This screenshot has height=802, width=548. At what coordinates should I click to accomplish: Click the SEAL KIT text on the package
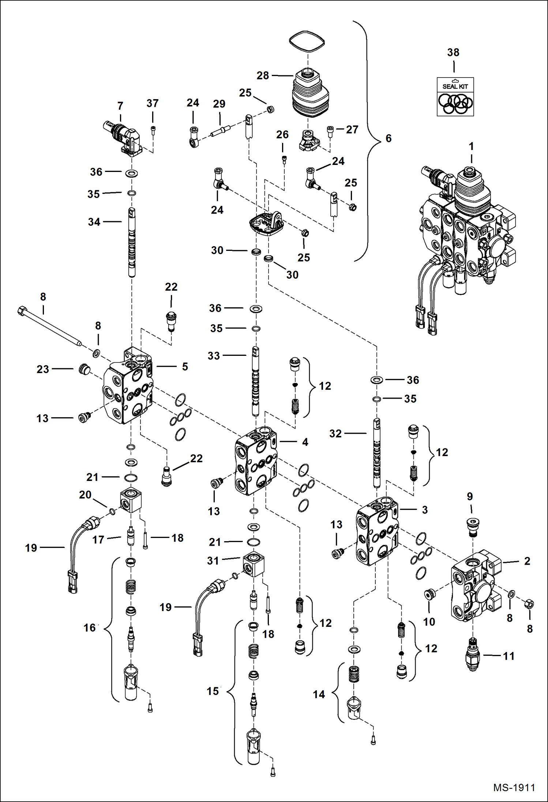(x=455, y=86)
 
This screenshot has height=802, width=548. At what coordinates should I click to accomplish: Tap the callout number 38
(x=453, y=52)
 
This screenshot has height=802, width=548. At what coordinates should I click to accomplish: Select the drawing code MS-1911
(x=514, y=787)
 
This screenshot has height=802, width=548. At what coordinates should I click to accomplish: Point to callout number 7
(x=120, y=106)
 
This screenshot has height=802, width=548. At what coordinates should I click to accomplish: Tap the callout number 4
(x=305, y=442)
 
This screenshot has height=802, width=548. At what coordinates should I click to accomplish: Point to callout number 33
(x=214, y=355)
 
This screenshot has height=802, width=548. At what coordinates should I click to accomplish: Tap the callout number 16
(x=90, y=628)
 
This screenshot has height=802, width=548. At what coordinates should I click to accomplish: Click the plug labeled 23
(x=84, y=369)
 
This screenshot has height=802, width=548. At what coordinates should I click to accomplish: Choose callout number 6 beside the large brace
(x=389, y=138)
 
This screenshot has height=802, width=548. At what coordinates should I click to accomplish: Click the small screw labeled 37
(x=153, y=129)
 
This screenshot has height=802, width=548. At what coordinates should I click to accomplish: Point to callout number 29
(x=219, y=104)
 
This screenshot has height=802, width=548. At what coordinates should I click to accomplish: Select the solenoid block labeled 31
(x=254, y=565)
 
